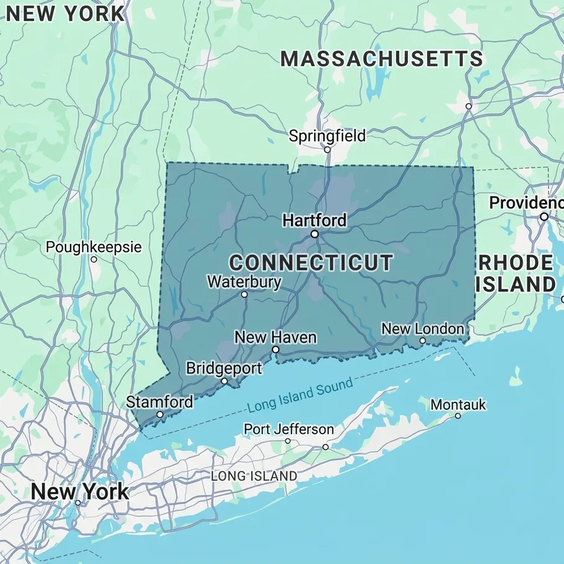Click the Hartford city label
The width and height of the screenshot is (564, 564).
coord(315,220)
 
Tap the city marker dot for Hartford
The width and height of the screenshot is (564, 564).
coord(315,234)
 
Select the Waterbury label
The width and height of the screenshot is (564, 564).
coord(244,282)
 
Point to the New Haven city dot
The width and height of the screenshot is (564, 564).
coord(275,350)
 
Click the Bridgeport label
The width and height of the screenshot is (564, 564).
coord(224,368)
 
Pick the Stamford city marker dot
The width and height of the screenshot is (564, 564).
coord(160,415)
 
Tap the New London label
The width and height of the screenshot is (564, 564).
coord(422,329)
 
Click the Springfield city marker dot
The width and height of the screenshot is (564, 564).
coord(328,149)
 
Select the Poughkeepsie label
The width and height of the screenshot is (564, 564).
coord(93,248)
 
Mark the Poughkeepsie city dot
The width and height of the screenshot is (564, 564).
coord(94,259)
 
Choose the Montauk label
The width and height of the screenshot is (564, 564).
coord(458,405)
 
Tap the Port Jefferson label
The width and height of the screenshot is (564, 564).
coord(289,429)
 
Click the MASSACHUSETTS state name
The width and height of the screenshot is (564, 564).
coord(381,59)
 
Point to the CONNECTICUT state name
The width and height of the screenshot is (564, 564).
coord(311,262)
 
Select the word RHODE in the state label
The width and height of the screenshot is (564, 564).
coord(516,262)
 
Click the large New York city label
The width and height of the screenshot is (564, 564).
coord(80,492)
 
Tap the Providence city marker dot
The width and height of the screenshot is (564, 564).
coord(544,217)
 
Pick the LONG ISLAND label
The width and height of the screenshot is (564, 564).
coord(254,476)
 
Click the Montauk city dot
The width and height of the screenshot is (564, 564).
coord(458,415)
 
